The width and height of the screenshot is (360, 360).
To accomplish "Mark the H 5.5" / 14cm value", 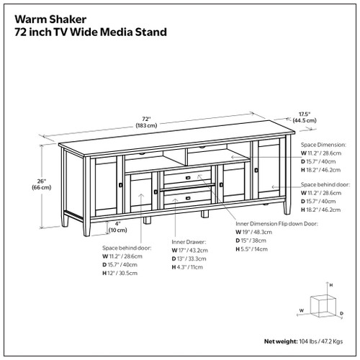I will click(255, 248).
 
